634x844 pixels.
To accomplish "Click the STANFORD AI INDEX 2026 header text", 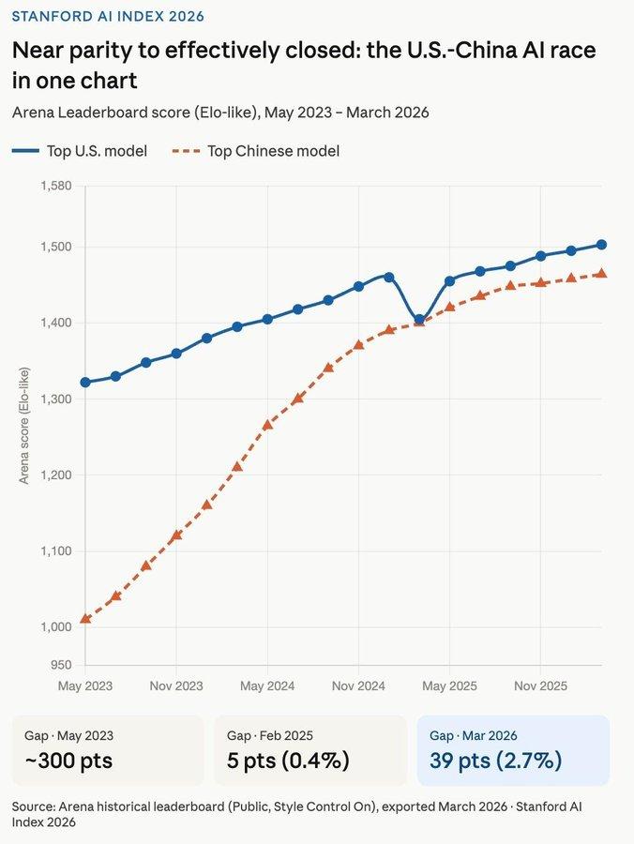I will tap(108, 16).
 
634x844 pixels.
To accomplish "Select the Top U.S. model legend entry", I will tap(81, 151).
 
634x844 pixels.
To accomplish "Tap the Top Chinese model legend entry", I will tap(258, 151).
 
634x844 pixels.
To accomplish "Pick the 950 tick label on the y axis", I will tap(61, 665).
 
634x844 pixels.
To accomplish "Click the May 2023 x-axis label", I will tap(85, 686).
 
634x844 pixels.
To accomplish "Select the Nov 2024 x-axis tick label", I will tap(358, 686).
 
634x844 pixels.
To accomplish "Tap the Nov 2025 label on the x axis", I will tap(540, 686).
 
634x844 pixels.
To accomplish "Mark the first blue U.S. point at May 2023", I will tap(85, 383).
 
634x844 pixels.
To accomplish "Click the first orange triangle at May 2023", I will tap(85, 619).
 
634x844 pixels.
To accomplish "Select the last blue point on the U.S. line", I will tap(601, 245).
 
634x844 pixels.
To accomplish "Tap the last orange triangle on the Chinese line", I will tap(601, 274).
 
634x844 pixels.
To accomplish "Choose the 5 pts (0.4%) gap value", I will tap(288, 761).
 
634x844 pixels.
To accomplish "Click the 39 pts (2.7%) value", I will tap(495, 761).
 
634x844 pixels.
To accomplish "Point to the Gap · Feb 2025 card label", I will tap(270, 736).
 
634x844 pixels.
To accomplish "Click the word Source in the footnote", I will tap(34, 806).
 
